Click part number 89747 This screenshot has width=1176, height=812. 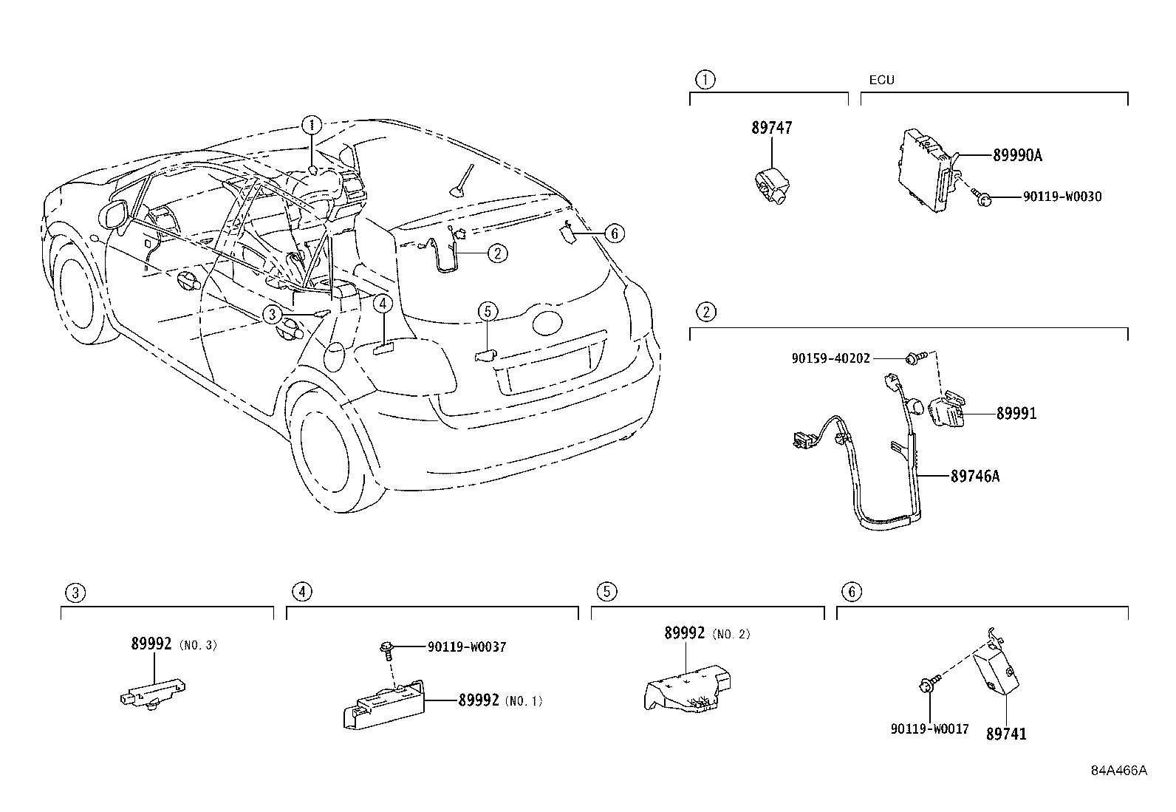[771, 128]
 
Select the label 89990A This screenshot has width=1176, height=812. [1017, 155]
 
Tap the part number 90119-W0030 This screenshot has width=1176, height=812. [1062, 197]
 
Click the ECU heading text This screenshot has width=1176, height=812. [881, 80]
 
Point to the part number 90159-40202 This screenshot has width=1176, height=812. [830, 358]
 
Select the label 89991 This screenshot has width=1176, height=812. [1016, 414]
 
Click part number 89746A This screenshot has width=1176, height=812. [974, 477]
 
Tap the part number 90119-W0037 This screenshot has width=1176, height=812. [467, 647]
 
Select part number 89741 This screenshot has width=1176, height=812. [1006, 734]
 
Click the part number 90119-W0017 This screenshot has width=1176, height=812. [929, 729]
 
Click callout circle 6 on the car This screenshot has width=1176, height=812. [613, 234]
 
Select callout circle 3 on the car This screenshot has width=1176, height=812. [273, 315]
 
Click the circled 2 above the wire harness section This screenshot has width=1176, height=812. [705, 312]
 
